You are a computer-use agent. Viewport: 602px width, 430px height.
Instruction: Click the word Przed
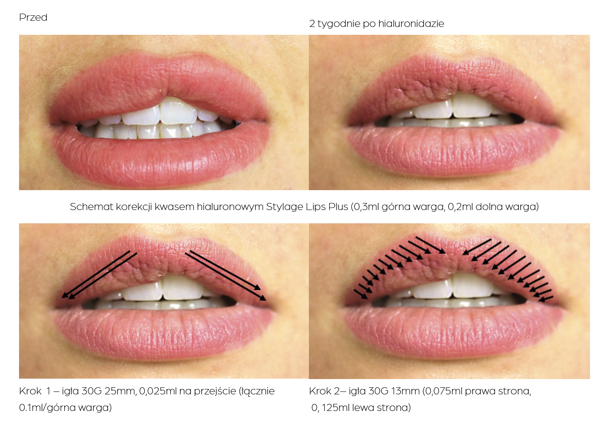click(33, 17)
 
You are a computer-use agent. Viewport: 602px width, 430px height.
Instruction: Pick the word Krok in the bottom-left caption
click(30, 391)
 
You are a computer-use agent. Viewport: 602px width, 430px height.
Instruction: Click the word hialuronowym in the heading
click(230, 207)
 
